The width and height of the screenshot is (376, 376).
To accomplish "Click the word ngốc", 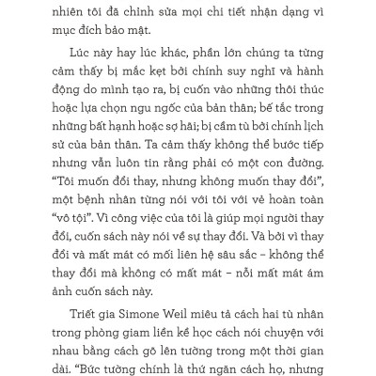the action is click(x=174, y=138).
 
